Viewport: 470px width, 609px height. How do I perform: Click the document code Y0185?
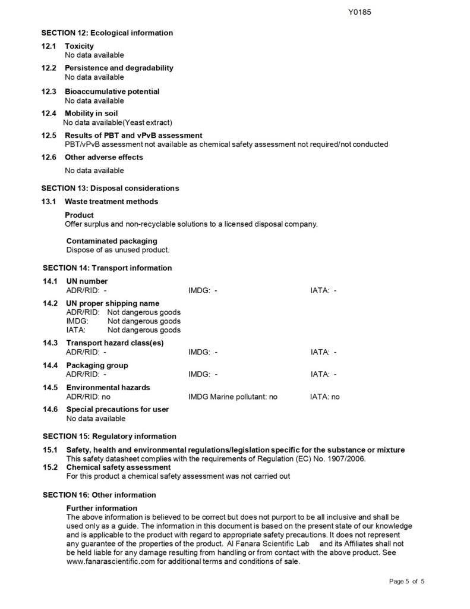coord(359,11)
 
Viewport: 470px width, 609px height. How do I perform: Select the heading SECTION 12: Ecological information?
coord(107,33)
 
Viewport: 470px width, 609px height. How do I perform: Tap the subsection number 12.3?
coord(49,92)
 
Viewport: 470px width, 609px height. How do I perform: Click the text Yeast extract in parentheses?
coord(147,123)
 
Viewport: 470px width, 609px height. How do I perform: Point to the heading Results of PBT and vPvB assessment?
coord(133,136)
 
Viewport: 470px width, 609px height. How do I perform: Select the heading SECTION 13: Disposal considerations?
coord(110,188)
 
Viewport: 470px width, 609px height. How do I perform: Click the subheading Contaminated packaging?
coord(112,241)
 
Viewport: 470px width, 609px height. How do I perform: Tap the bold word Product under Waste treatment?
coord(79,215)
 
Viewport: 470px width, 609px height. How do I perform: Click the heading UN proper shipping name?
coord(112,303)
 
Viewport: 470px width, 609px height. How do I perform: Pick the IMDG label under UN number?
coord(198,290)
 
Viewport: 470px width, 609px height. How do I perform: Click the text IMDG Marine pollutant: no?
coord(233,397)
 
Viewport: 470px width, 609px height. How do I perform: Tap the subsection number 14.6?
coord(50,409)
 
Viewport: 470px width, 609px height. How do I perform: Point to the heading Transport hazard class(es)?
coord(115,343)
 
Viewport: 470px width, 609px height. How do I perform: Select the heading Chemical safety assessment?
coord(118,467)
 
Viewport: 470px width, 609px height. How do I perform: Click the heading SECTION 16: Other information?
coord(100,495)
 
